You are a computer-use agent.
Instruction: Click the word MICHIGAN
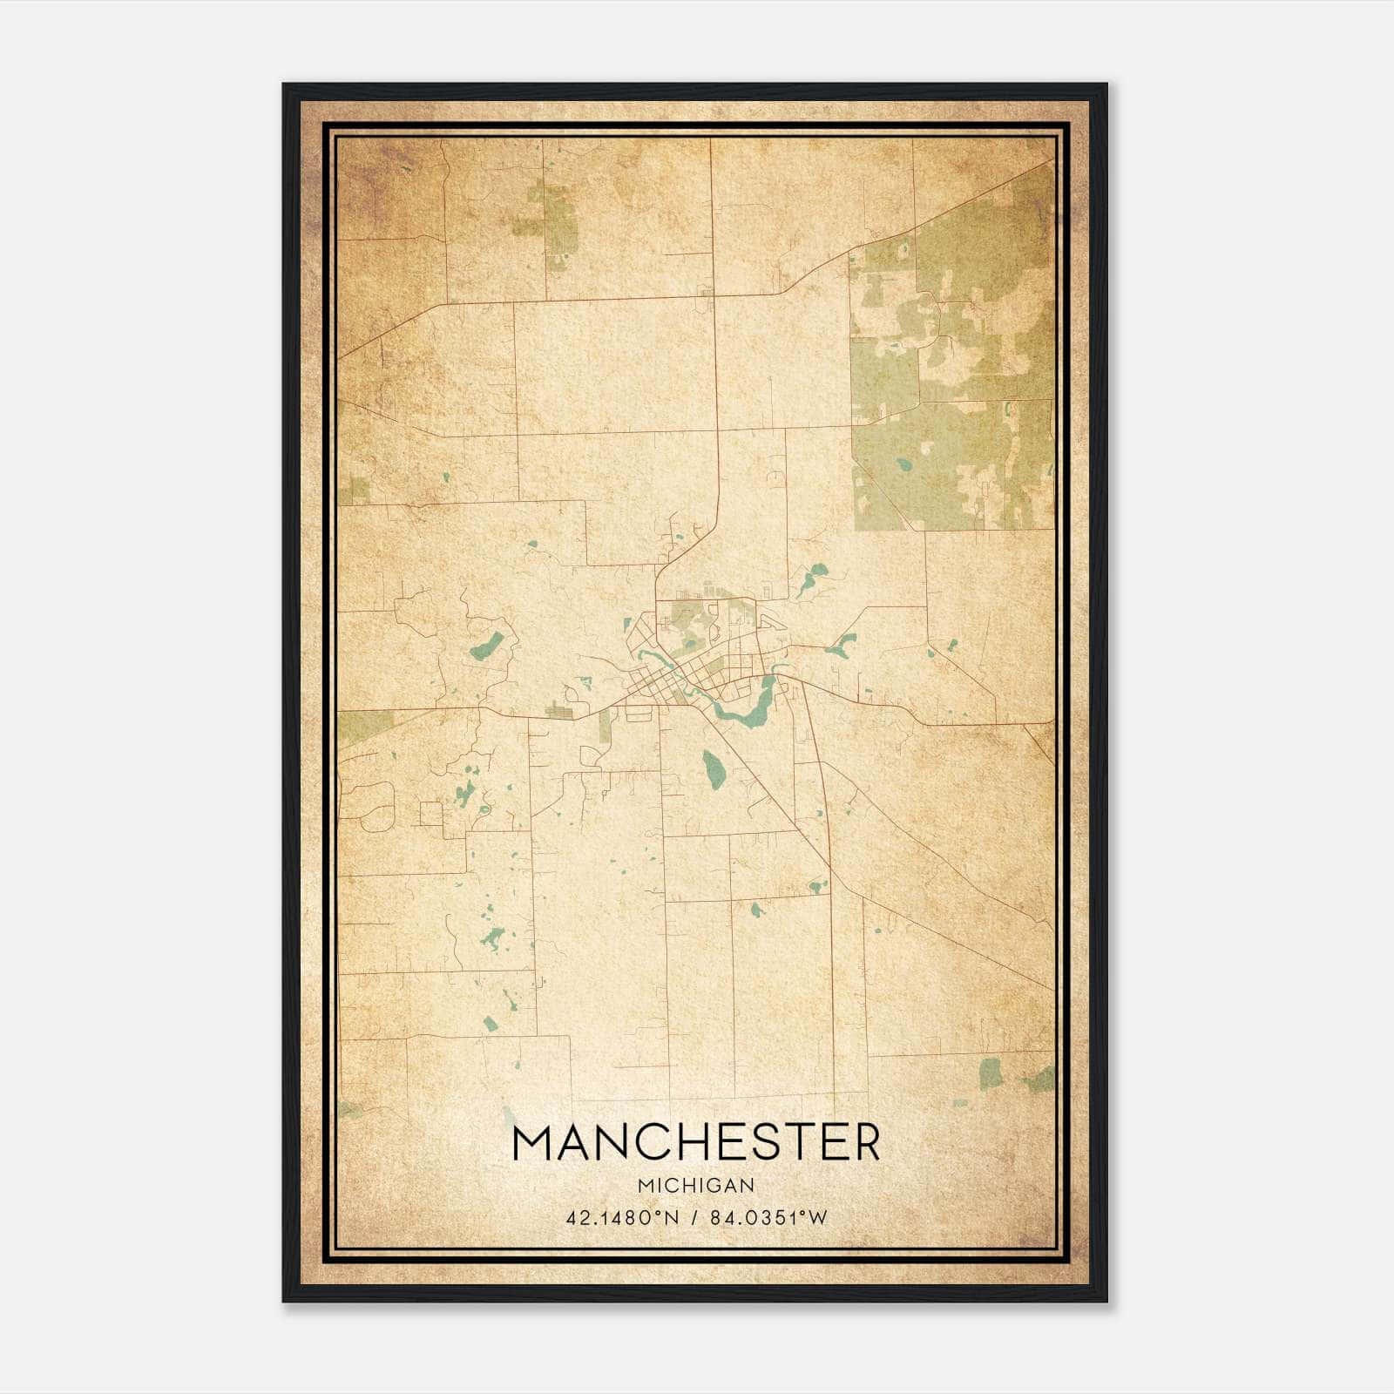pos(696,1185)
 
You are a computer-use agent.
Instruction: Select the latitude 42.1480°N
pos(621,1218)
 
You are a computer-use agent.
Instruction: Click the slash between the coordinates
pos(694,1218)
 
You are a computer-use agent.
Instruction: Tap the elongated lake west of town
pos(486,646)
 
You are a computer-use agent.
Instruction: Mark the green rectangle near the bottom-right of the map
pos(991,1073)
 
